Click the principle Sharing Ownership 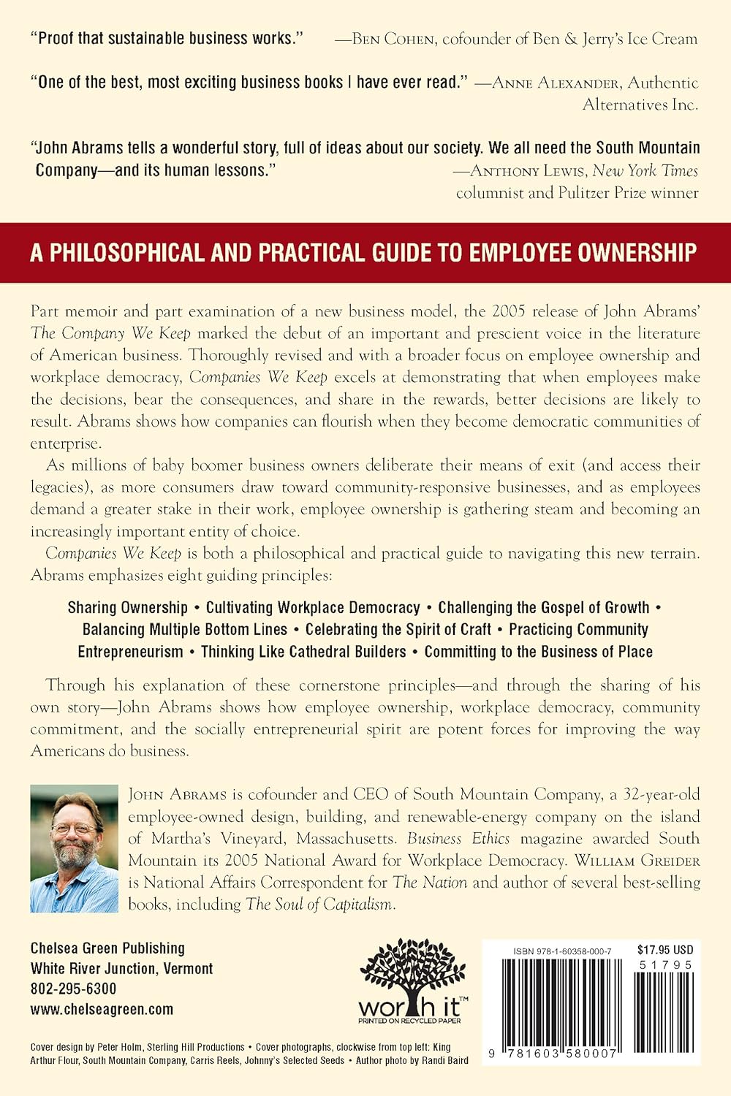128,608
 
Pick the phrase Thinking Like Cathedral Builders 303,652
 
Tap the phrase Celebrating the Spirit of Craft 398,630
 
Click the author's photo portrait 74,848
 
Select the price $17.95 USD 664,950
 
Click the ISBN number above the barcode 562,951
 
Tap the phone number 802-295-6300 73,989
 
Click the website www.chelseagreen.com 102,1009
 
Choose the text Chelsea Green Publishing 107,948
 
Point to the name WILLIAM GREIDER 637,861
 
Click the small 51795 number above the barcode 664,964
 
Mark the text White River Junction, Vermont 121,969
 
